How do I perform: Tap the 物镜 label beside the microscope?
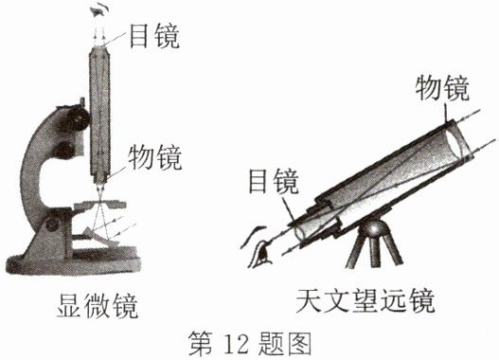(x=155, y=156)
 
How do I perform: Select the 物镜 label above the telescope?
(x=442, y=88)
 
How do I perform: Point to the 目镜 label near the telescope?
(x=273, y=181)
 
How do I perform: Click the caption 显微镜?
(x=98, y=306)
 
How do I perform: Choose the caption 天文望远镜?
(x=365, y=300)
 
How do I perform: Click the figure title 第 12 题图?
(x=250, y=343)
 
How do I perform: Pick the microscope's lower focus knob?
(x=64, y=150)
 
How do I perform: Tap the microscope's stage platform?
(x=100, y=206)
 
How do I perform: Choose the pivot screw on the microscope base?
(x=52, y=225)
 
